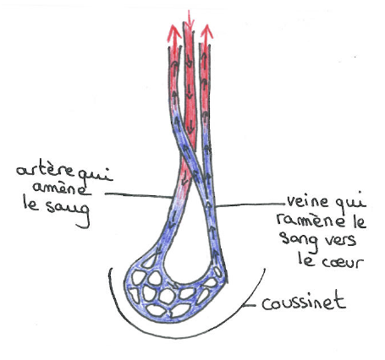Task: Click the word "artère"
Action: click(46, 171)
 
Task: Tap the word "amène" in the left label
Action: click(60, 188)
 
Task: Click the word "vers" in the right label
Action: click(340, 241)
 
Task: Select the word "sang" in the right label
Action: click(299, 243)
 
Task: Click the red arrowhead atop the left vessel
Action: click(174, 33)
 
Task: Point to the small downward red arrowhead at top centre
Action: click(190, 20)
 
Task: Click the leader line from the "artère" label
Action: click(139, 195)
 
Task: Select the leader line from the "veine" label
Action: click(250, 205)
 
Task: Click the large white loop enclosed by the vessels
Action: click(188, 243)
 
